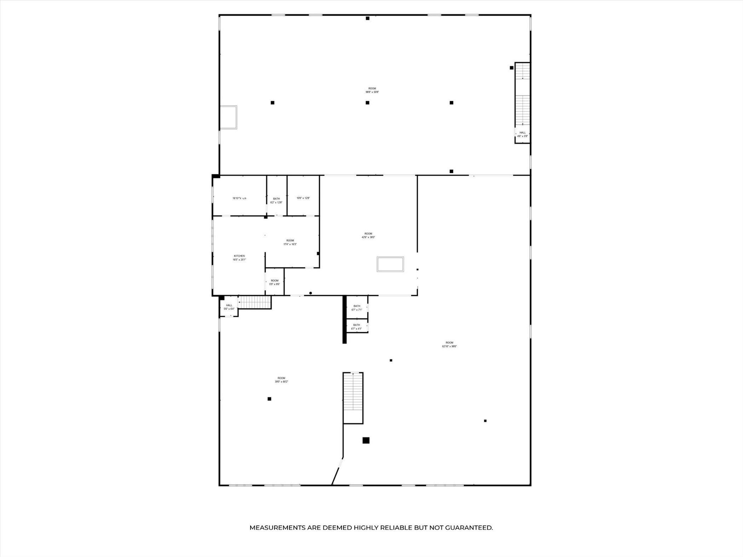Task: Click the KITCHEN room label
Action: pos(239,258)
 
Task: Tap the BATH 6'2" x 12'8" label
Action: pos(276,201)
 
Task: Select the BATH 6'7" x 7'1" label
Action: pos(357,308)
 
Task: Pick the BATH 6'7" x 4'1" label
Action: pos(356,327)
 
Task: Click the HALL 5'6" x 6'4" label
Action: pos(229,307)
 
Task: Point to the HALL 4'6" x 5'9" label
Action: pos(523,134)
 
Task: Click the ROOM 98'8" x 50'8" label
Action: pos(372,90)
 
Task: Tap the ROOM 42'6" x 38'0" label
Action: pos(368,236)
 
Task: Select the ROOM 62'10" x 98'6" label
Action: pos(449,344)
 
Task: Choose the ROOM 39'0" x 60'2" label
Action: pos(281,380)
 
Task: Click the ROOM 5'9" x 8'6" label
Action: pos(275,282)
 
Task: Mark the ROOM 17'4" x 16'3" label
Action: pos(290,242)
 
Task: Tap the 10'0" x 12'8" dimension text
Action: pos(303,198)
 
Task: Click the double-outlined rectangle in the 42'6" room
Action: pos(390,264)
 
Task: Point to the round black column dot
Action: pos(311,293)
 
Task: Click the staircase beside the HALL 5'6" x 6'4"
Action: pos(254,303)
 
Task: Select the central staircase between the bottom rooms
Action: pos(353,398)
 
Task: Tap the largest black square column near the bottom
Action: pos(366,440)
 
